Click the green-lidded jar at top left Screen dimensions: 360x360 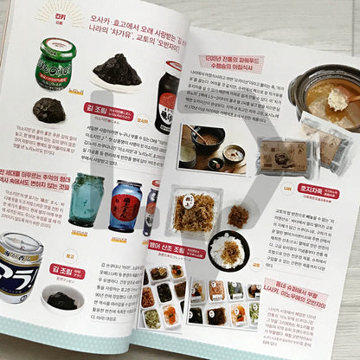(x=55, y=64)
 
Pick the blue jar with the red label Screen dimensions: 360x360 (x=125, y=206)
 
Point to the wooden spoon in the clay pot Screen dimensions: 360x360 (x=339, y=98)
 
